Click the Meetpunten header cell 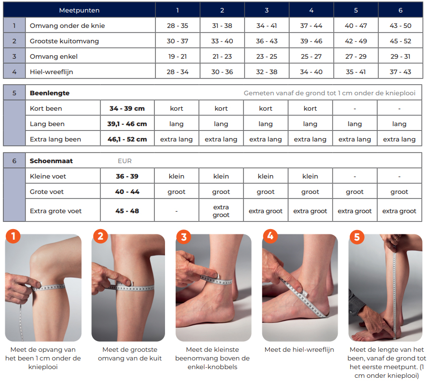tap(79, 10)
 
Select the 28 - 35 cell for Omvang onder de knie tap(178, 26)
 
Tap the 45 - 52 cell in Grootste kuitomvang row tap(400, 41)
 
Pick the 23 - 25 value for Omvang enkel tap(267, 57)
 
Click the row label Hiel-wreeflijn tap(51, 72)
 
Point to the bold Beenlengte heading tap(50, 93)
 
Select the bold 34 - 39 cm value tap(127, 109)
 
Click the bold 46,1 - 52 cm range tap(127, 140)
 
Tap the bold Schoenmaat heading tap(51, 161)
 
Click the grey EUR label tap(125, 161)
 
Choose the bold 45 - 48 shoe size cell tap(127, 211)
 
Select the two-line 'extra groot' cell tap(221, 211)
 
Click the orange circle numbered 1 tap(13, 236)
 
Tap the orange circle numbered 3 tap(184, 237)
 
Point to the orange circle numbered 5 tap(357, 237)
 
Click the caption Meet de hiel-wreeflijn tap(299, 350)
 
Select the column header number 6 tap(400, 10)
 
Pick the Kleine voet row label tap(48, 177)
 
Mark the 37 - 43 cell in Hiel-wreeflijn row tap(400, 72)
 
